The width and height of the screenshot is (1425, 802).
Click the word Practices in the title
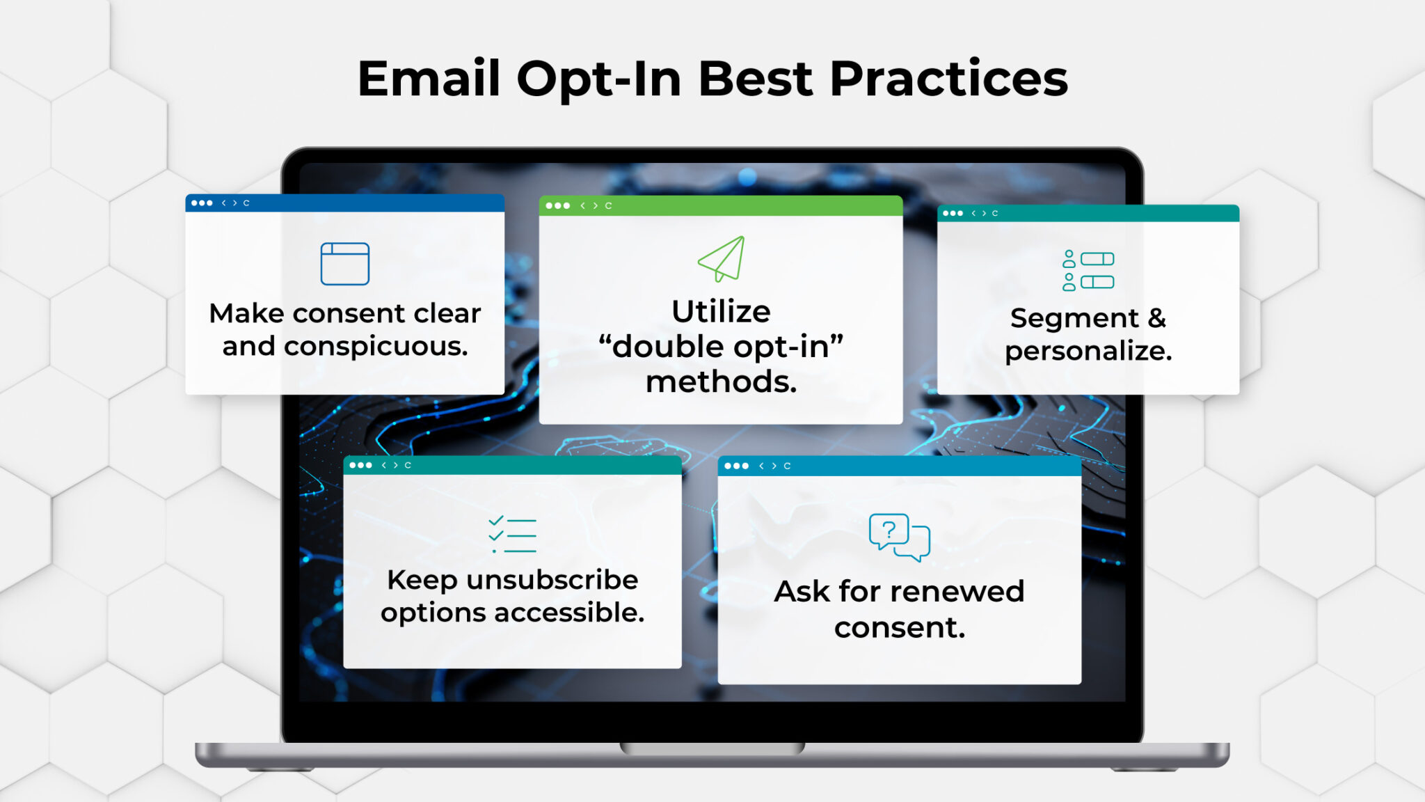[x=948, y=79]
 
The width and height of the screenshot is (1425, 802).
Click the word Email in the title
[x=429, y=79]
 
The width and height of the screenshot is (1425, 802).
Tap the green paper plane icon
[x=722, y=259]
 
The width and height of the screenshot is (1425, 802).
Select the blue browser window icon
[x=344, y=264]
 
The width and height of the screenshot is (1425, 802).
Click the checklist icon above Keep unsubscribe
[x=512, y=535]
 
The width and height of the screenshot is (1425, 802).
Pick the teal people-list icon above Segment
[x=1088, y=270]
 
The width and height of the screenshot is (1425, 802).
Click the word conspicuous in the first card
[x=376, y=346]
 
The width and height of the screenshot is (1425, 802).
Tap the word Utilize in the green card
[x=721, y=311]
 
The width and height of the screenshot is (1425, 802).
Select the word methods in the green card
[x=721, y=382]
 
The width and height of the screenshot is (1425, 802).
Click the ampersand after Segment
[x=1156, y=318]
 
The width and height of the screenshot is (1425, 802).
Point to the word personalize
[x=1088, y=351]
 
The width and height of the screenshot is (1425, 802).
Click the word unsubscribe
[x=552, y=580]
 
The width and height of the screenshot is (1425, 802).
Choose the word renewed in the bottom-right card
[x=965, y=592]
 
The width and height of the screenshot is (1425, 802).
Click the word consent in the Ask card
[x=899, y=628]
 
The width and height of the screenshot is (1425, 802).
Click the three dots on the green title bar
[x=557, y=205]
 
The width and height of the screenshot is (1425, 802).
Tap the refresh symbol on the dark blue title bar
[x=246, y=203]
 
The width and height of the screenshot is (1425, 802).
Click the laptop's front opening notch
[x=712, y=748]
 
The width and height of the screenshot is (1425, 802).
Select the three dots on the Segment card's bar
[x=953, y=213]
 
